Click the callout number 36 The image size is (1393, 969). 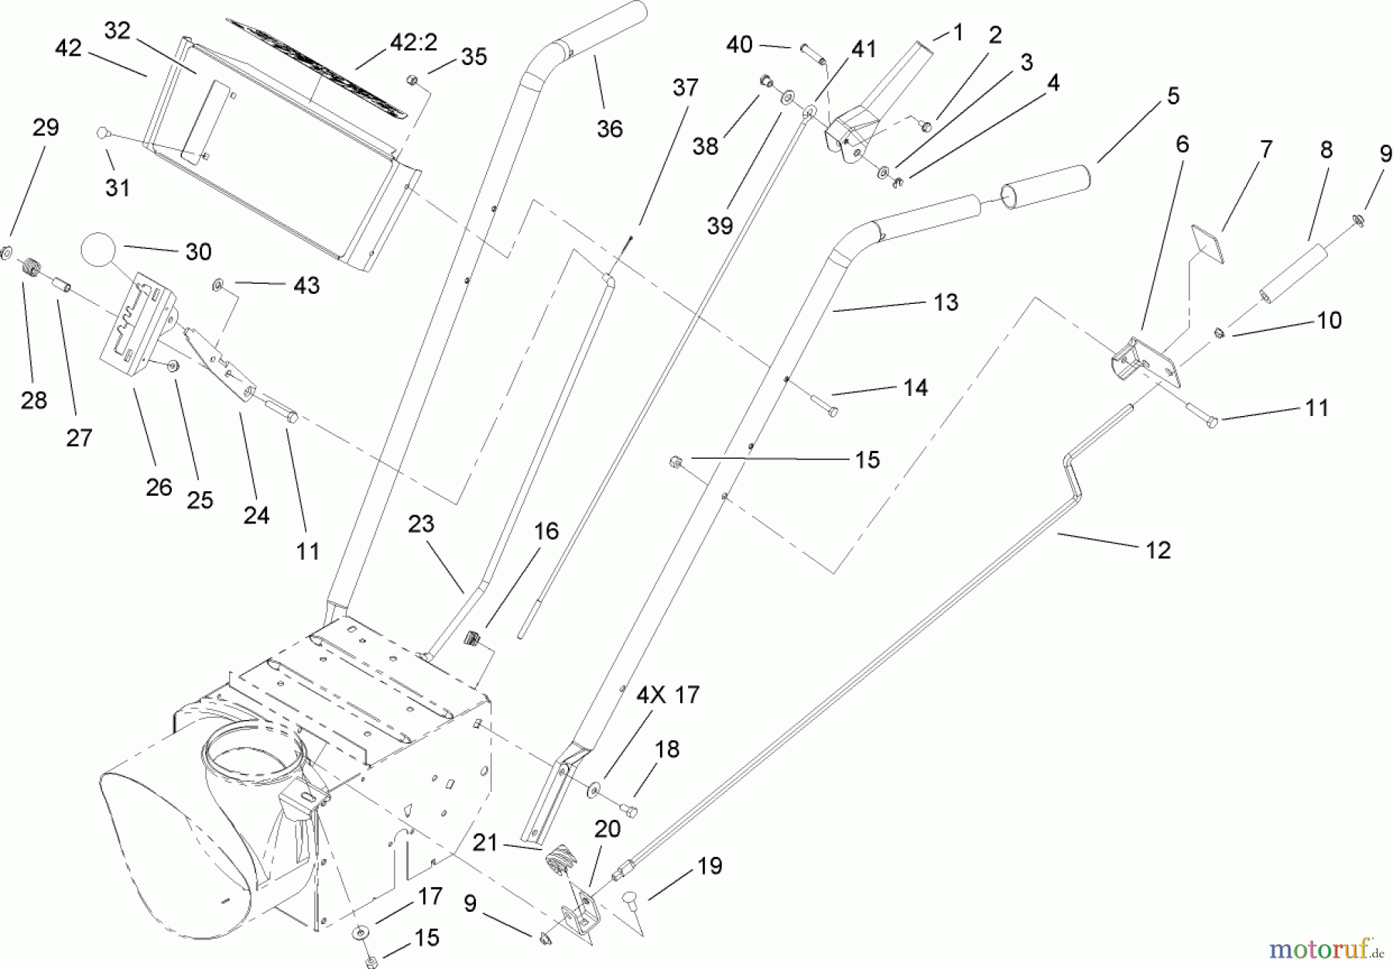coord(609,129)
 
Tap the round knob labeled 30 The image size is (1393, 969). coord(99,251)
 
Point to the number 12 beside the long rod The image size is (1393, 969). coord(1158,550)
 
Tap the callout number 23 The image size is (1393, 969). coord(420,524)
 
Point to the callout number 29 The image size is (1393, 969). coord(46,128)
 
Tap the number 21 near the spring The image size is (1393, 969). coord(485,842)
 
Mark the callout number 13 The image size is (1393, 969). coord(945,302)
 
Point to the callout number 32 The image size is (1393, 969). coord(118,32)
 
